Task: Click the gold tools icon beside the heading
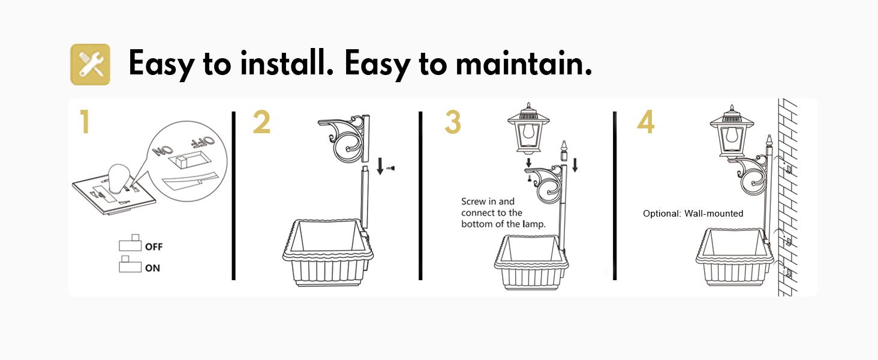[90, 64]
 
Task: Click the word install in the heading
[287, 63]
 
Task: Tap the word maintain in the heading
[524, 63]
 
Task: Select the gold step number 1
[85, 122]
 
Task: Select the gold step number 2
[261, 122]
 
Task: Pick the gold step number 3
[453, 122]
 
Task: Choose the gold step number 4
[645, 122]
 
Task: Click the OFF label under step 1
[154, 247]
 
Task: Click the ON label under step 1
[152, 268]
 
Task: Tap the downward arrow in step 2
[380, 166]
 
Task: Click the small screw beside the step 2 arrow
[390, 168]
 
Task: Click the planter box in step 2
[327, 253]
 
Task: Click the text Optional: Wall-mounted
[693, 214]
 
